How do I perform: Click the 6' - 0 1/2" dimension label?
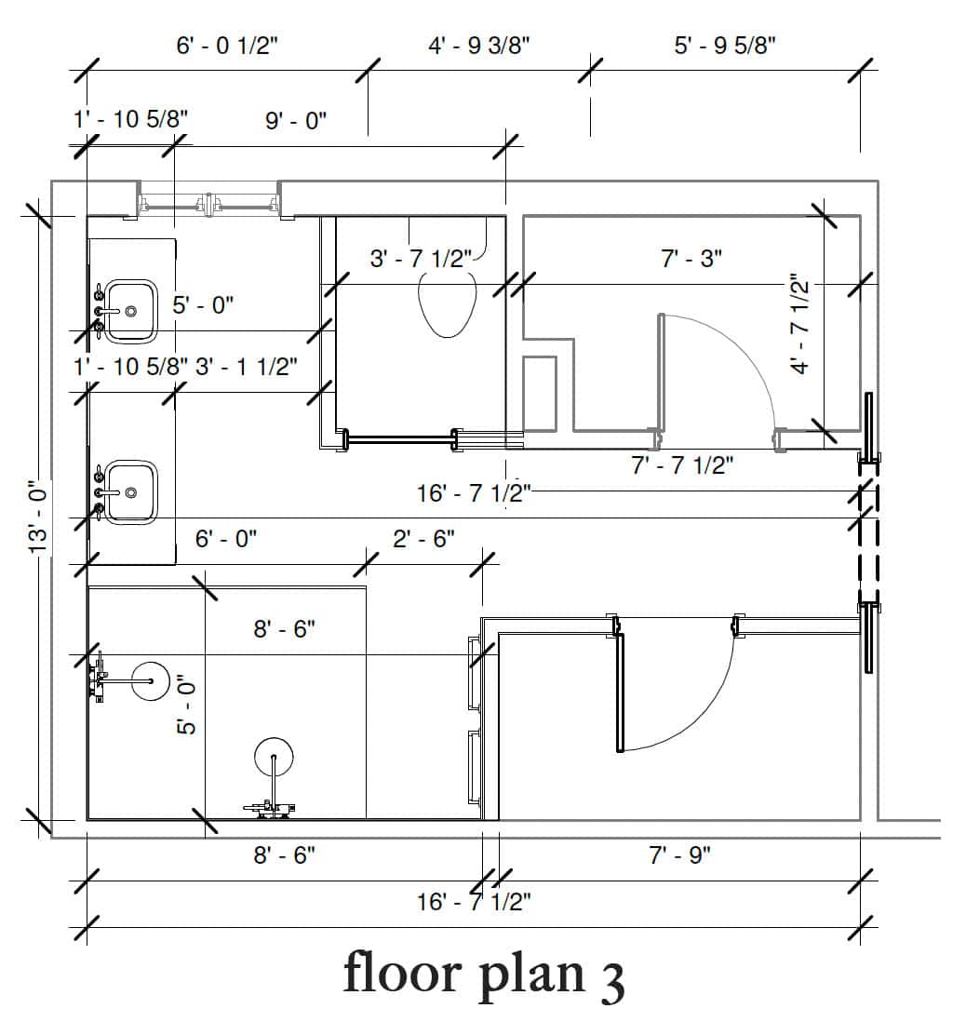pos(227,46)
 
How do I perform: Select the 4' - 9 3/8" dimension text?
pos(479,46)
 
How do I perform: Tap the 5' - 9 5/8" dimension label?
pos(725,46)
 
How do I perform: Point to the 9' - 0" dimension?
pos(296,121)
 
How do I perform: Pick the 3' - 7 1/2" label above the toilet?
pos(421,259)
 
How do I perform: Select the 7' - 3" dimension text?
pos(691,259)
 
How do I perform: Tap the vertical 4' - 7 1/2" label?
pos(799,323)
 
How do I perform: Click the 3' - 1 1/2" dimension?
pos(247,367)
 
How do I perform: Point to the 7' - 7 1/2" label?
pos(682,465)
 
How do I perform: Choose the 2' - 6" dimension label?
pos(423,539)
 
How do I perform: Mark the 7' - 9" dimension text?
pos(680,854)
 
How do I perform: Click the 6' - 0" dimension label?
pos(226,539)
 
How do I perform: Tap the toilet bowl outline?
pos(447,303)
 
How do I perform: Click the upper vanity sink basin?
pos(131,312)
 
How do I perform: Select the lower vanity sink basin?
pos(131,492)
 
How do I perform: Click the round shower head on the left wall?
pos(151,681)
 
